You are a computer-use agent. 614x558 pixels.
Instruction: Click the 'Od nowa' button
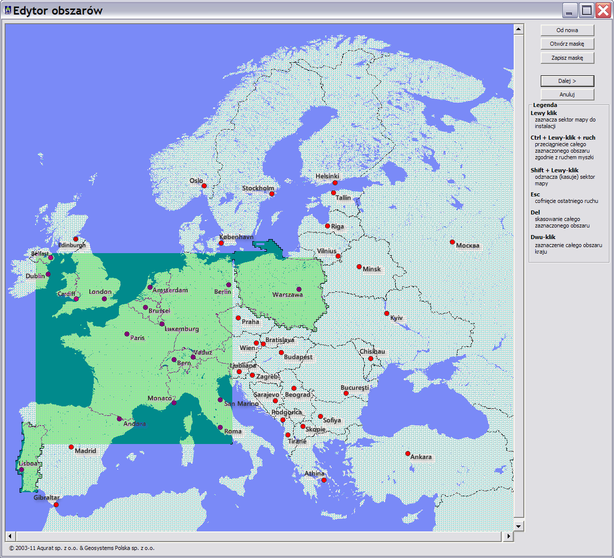pos(567,30)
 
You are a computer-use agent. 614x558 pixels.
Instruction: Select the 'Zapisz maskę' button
pos(567,58)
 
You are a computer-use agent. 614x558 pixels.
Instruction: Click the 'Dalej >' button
pos(567,81)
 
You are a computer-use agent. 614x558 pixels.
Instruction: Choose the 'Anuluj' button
pos(567,94)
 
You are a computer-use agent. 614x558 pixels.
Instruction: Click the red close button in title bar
pos(602,10)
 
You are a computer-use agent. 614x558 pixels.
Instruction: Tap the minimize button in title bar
pos(570,10)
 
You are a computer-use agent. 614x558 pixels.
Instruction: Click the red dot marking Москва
pos(452,242)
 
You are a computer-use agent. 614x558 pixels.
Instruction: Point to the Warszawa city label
pos(287,295)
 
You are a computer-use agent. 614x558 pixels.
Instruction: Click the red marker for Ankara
pos(408,454)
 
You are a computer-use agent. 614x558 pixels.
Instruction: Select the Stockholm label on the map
pos(258,188)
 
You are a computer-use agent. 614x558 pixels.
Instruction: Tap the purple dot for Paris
pos(127,334)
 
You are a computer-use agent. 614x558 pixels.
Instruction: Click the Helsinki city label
pos(327,176)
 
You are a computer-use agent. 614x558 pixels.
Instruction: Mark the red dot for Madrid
pos(71,447)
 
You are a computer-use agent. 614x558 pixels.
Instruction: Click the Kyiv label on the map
pos(396,318)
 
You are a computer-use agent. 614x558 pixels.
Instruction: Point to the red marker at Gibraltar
pos(56,505)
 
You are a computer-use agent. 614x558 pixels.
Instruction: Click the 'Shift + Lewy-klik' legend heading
pos(554,170)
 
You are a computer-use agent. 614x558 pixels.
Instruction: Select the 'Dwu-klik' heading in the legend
pos(543,237)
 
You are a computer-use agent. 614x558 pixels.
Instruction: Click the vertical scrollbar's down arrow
pos(519,526)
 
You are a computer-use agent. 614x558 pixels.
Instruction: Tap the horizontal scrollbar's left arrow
pos(10,536)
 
